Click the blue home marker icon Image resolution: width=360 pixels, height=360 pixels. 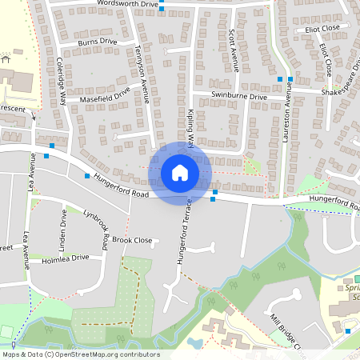(180, 172)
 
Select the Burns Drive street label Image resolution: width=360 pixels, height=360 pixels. (98, 42)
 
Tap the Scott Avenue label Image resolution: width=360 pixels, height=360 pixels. (234, 50)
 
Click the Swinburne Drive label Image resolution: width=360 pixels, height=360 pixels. (239, 96)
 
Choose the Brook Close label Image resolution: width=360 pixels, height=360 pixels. (132, 239)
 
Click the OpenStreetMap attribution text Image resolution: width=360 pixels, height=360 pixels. (80, 354)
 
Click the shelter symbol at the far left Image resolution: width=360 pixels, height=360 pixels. (6, 57)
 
